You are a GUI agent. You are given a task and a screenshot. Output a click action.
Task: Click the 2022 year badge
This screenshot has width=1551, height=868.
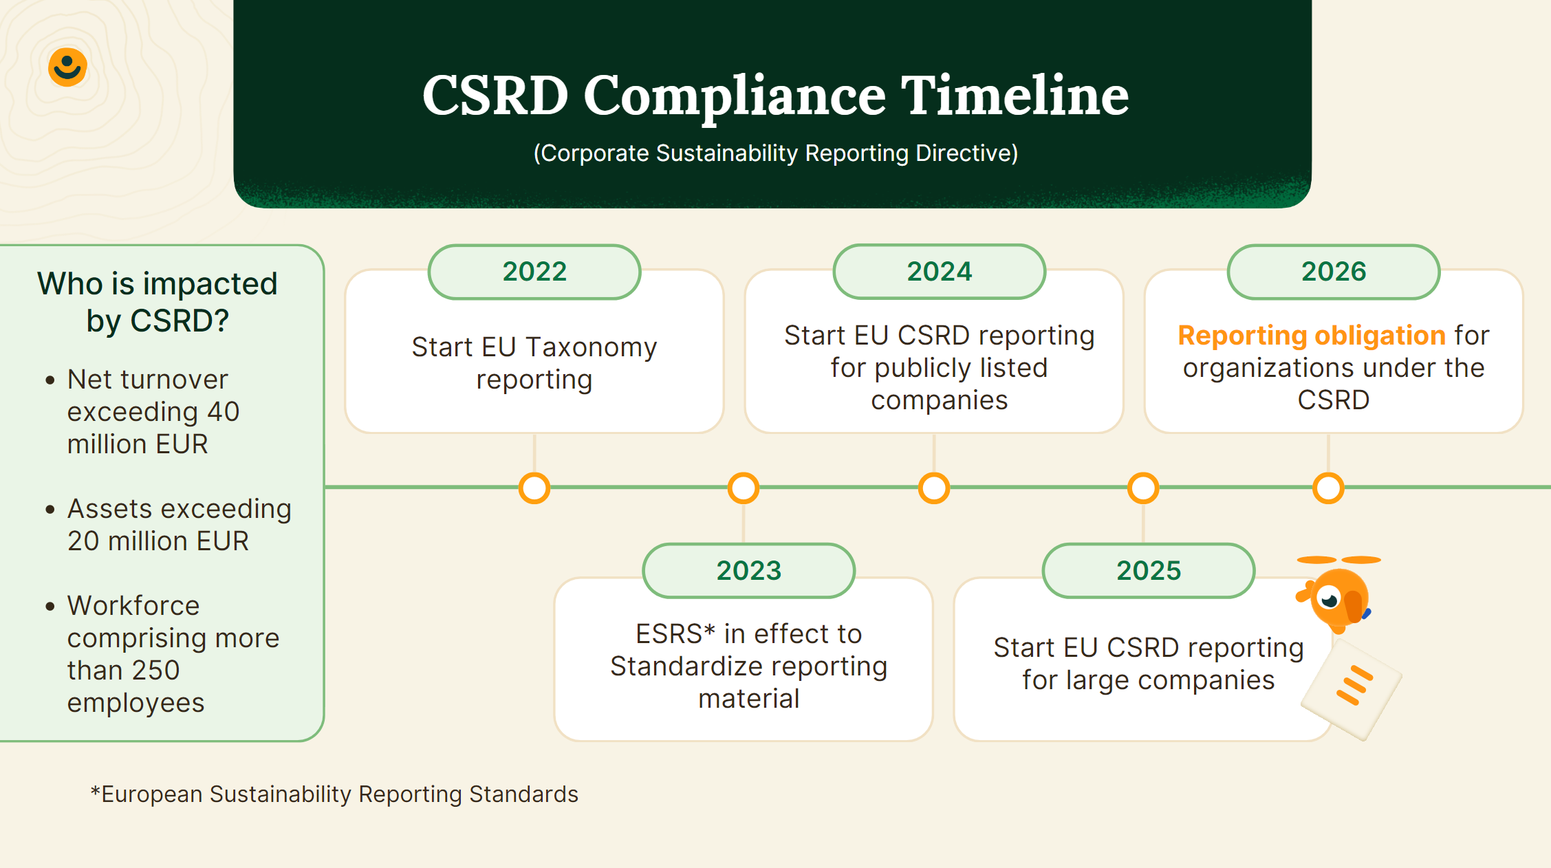534,272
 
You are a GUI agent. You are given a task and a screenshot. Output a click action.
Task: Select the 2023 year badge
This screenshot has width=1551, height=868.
749,571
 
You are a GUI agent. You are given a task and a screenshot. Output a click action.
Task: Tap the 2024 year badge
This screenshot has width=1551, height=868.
940,272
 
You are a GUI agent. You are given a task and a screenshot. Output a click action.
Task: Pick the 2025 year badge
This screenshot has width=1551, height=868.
1149,571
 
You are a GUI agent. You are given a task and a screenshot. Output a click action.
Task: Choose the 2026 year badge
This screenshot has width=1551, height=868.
1334,272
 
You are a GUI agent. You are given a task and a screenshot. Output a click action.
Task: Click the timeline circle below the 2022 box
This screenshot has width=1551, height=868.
534,488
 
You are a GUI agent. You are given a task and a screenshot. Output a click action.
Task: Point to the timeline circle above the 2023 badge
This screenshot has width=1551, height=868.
744,488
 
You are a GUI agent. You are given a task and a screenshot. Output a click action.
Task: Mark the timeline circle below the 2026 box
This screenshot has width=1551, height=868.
1328,488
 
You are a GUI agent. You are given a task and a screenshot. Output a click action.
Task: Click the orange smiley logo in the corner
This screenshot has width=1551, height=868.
67,67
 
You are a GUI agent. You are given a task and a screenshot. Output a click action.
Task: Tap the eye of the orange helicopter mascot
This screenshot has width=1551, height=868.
1330,599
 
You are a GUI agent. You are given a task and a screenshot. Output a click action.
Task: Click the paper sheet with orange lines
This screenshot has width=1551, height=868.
1351,688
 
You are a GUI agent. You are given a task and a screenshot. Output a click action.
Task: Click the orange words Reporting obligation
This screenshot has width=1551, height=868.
1312,336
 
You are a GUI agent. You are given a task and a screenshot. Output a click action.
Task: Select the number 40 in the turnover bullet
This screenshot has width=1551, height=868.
223,411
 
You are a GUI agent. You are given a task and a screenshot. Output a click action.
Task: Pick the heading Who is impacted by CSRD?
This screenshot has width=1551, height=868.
158,302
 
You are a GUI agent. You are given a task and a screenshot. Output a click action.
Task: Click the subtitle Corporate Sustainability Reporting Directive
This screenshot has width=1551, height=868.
776,153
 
